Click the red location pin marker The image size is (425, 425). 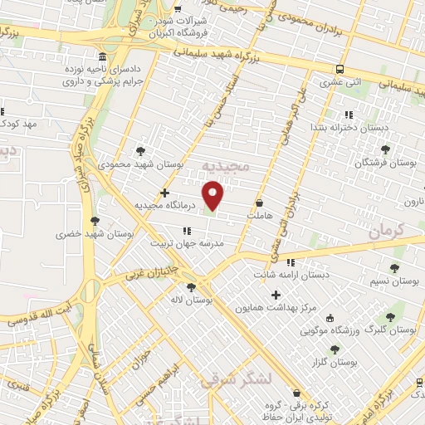click(213, 195)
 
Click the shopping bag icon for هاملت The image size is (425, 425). click(260, 203)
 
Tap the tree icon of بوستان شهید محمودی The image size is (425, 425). click(139, 151)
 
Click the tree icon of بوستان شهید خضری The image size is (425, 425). click(95, 221)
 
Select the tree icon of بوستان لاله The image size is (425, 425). click(192, 286)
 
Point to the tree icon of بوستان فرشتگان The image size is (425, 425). click(384, 149)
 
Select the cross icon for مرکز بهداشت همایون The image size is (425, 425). click(276, 294)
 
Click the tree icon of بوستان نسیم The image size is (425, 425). click(395, 268)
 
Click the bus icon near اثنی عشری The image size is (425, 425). click(339, 70)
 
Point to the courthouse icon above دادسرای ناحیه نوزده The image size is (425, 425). click(102, 58)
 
